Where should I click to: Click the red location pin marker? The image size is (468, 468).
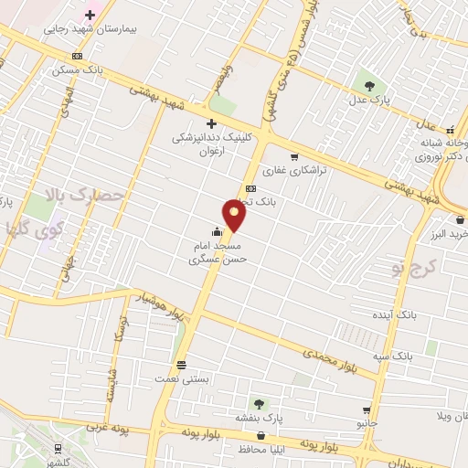coord(236,216)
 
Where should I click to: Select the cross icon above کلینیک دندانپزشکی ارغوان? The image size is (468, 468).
coord(211,123)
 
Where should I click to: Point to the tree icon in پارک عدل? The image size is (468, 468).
coord(370,84)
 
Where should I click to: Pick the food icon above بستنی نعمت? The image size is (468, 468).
coord(181,363)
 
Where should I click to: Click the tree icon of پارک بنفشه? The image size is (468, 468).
coord(260,403)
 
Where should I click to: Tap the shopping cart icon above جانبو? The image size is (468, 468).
coord(367,410)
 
